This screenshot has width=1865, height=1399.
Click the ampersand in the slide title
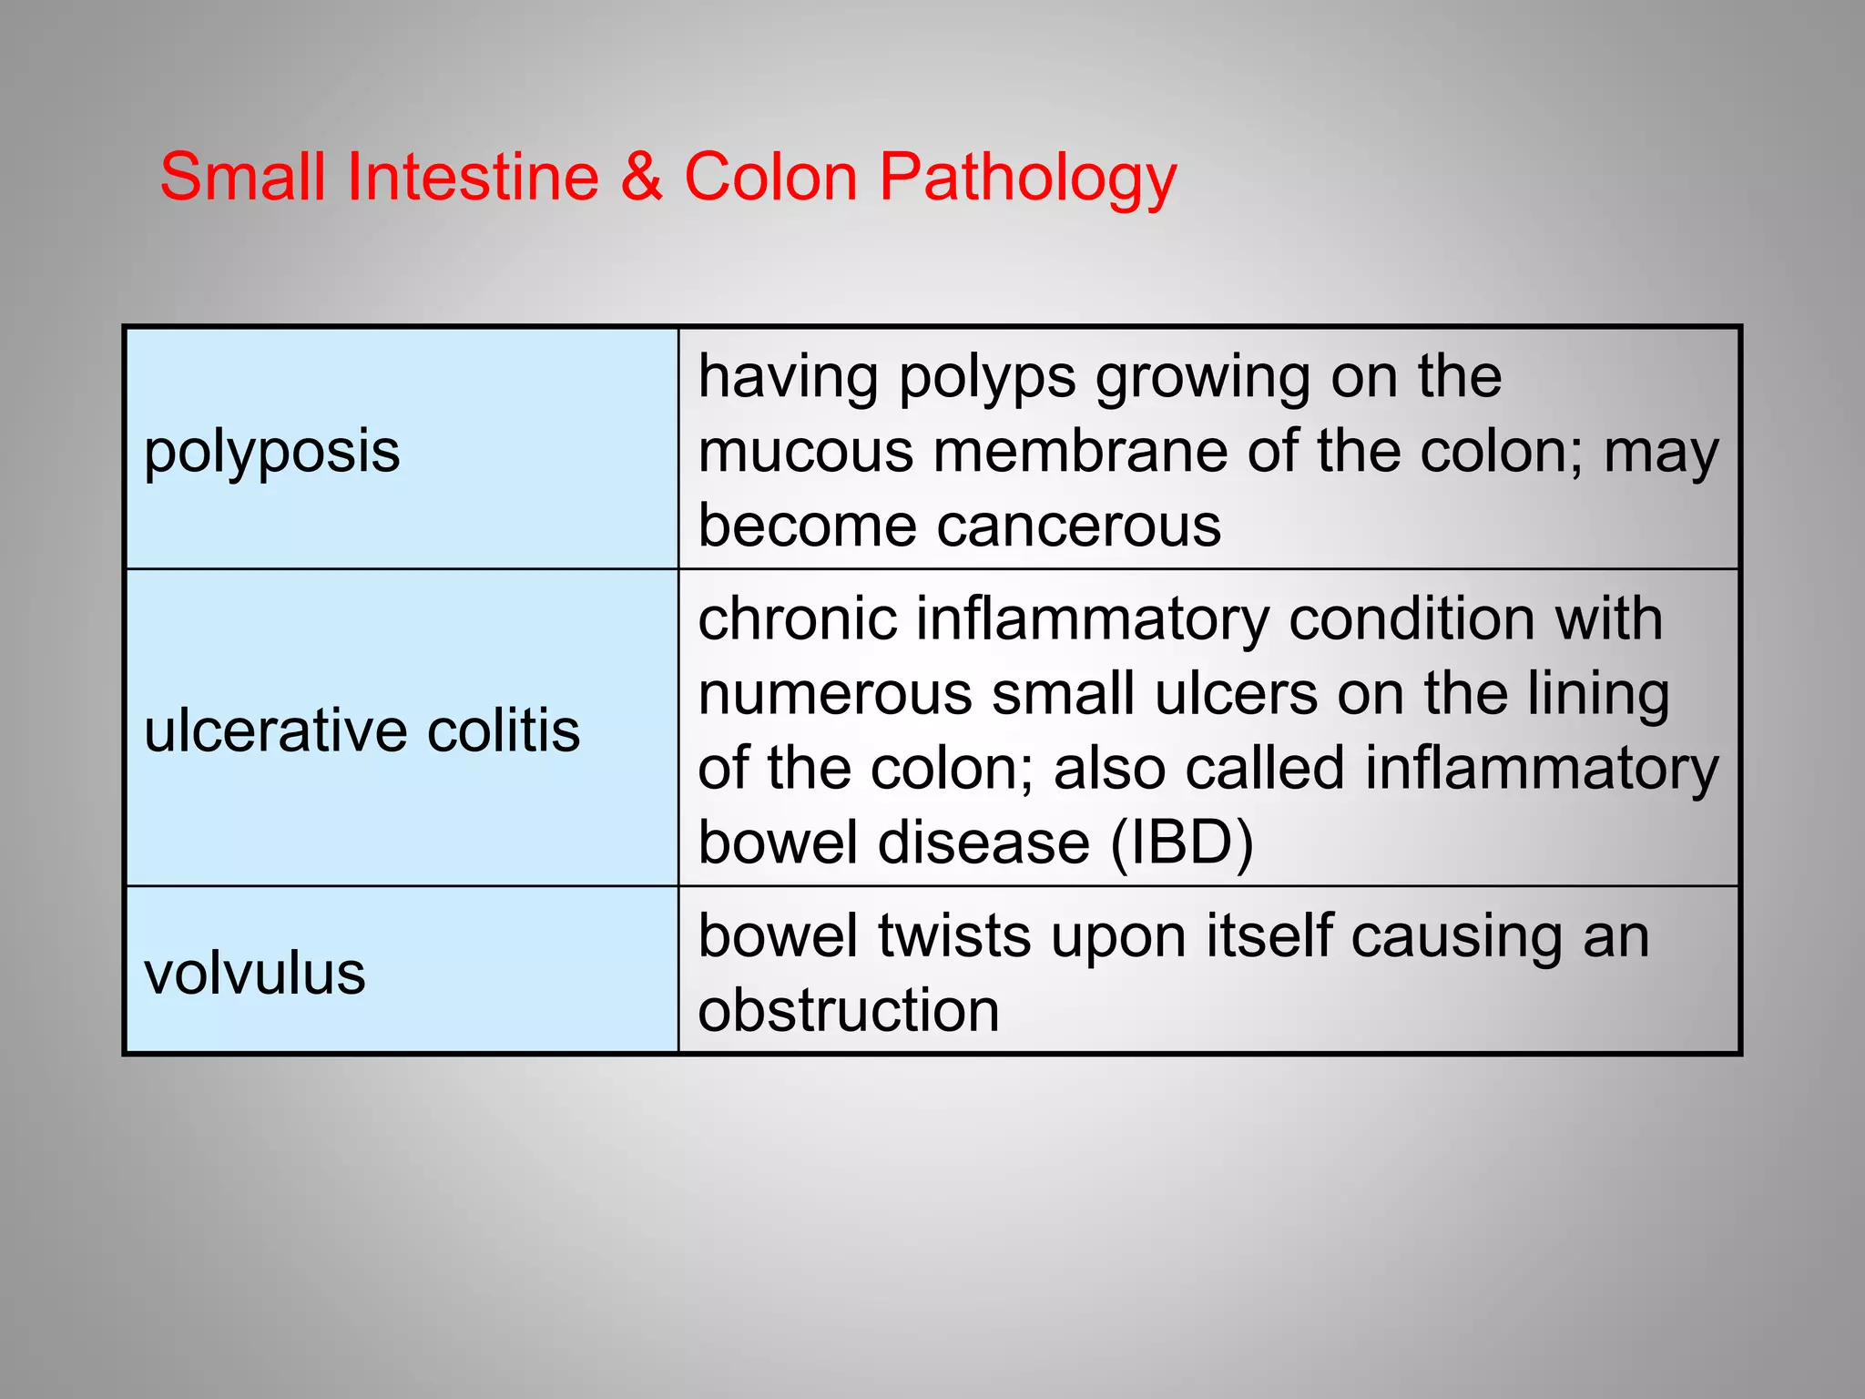(x=641, y=177)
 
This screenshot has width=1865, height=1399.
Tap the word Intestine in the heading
(x=473, y=177)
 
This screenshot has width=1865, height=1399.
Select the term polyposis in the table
(x=271, y=452)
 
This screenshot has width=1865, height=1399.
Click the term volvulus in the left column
(x=254, y=974)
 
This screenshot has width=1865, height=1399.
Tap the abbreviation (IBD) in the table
(x=1181, y=842)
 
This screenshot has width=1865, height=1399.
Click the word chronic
(x=798, y=619)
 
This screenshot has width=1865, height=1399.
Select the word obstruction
(x=849, y=1011)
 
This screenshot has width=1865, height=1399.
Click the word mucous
(x=805, y=452)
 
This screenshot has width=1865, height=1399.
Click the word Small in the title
(x=242, y=177)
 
